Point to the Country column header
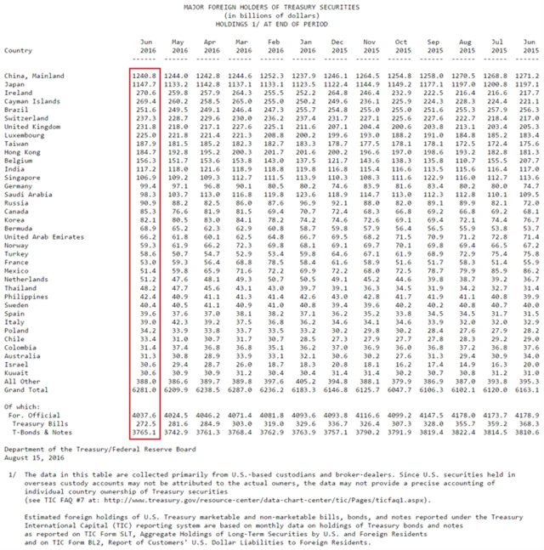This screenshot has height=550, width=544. [19, 50]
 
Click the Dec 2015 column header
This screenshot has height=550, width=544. [338, 46]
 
